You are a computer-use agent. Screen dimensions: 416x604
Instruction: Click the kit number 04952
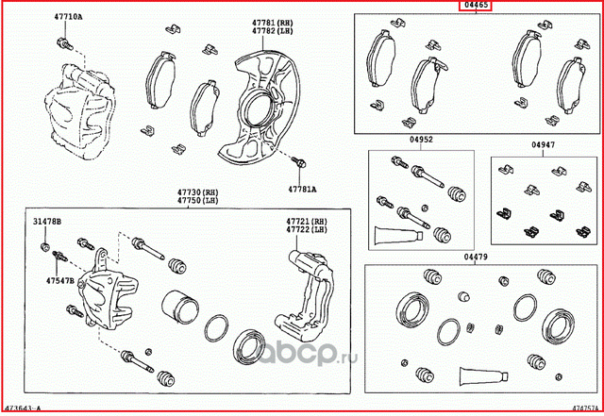(x=420, y=140)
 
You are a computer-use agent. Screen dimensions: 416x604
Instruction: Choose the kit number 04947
(x=542, y=145)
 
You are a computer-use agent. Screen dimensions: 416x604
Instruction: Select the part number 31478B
(x=47, y=221)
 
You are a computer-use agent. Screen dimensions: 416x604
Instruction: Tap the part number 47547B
(x=47, y=280)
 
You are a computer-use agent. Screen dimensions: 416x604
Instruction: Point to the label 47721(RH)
(x=307, y=222)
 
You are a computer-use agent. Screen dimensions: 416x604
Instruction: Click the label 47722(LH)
(x=307, y=230)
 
